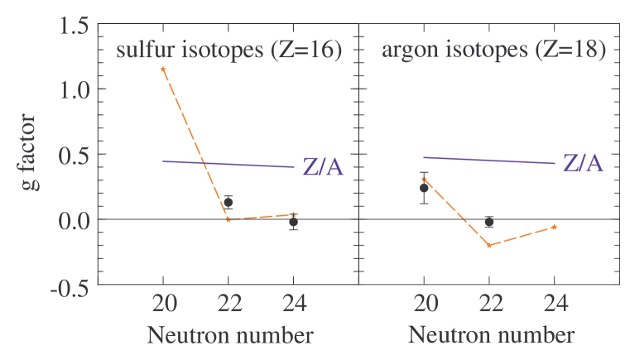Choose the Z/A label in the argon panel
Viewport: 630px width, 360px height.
click(x=583, y=163)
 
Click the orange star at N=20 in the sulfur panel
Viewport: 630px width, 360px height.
click(x=163, y=70)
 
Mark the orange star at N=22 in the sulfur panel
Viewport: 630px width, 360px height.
click(x=228, y=219)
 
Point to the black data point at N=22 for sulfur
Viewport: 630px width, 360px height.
click(x=228, y=202)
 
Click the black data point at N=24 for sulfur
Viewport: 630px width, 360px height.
click(x=293, y=222)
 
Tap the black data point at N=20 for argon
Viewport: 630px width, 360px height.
click(x=424, y=188)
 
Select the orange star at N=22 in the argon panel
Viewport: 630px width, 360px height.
click(x=489, y=245)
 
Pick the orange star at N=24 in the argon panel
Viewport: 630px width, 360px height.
click(x=554, y=227)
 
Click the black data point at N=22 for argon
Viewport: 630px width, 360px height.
click(x=489, y=222)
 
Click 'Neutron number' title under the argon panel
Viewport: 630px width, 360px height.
click(x=490, y=336)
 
